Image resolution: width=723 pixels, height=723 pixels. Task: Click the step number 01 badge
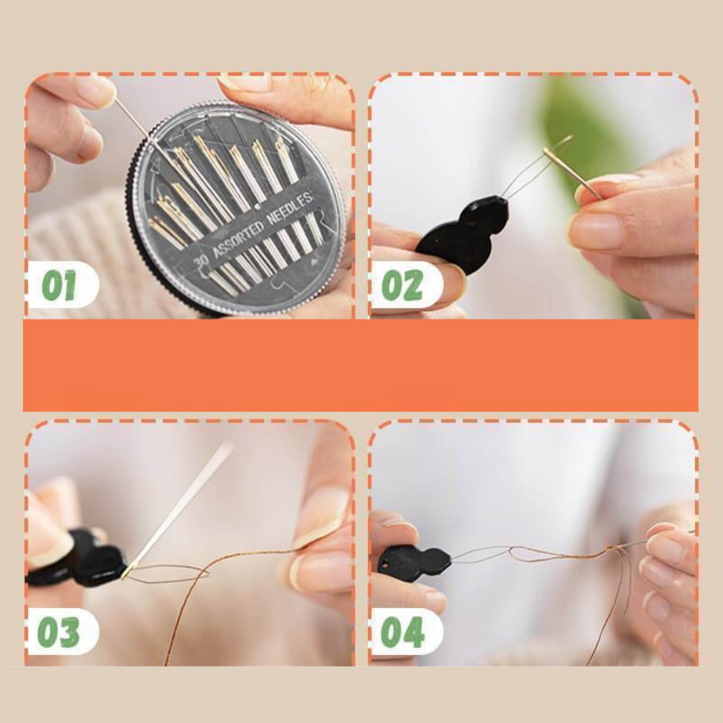63,284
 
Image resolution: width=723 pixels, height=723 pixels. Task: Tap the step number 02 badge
406,284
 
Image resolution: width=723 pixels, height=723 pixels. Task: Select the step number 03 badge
63,631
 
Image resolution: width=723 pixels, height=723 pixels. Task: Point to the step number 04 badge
406,631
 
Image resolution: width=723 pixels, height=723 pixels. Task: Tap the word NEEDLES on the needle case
291,208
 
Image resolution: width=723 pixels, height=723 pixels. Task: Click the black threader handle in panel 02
463,234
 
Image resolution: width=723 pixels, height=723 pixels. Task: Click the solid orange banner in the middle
361,364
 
